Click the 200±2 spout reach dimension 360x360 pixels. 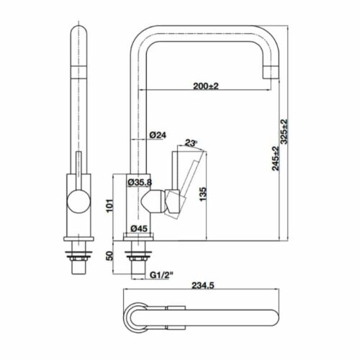coord(205,85)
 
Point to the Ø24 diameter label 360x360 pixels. coord(158,135)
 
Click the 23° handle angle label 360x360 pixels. coord(191,143)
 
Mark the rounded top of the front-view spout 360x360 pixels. coord(78,36)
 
